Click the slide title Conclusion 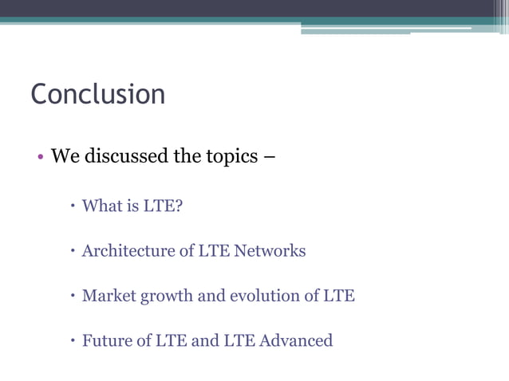point(97,94)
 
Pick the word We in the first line point(65,155)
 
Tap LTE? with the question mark point(164,206)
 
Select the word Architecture point(128,251)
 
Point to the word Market point(109,296)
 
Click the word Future point(107,340)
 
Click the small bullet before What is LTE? point(72,207)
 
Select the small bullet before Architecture point(72,252)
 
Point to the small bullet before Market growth point(72,297)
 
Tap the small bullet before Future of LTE point(72,341)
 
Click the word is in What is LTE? point(132,206)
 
